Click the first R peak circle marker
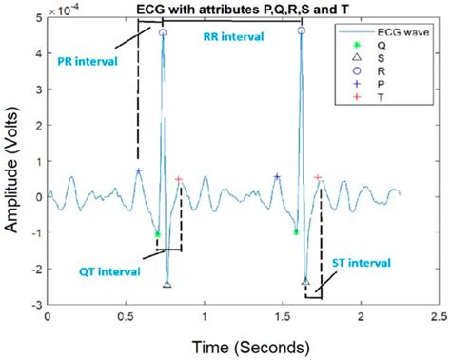click(x=163, y=32)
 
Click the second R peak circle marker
click(x=302, y=30)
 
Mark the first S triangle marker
click(x=167, y=284)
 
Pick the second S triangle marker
click(x=305, y=281)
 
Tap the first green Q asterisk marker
click(x=157, y=233)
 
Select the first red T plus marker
click(x=179, y=179)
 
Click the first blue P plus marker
click(x=139, y=171)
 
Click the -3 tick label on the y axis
click(x=36, y=304)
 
